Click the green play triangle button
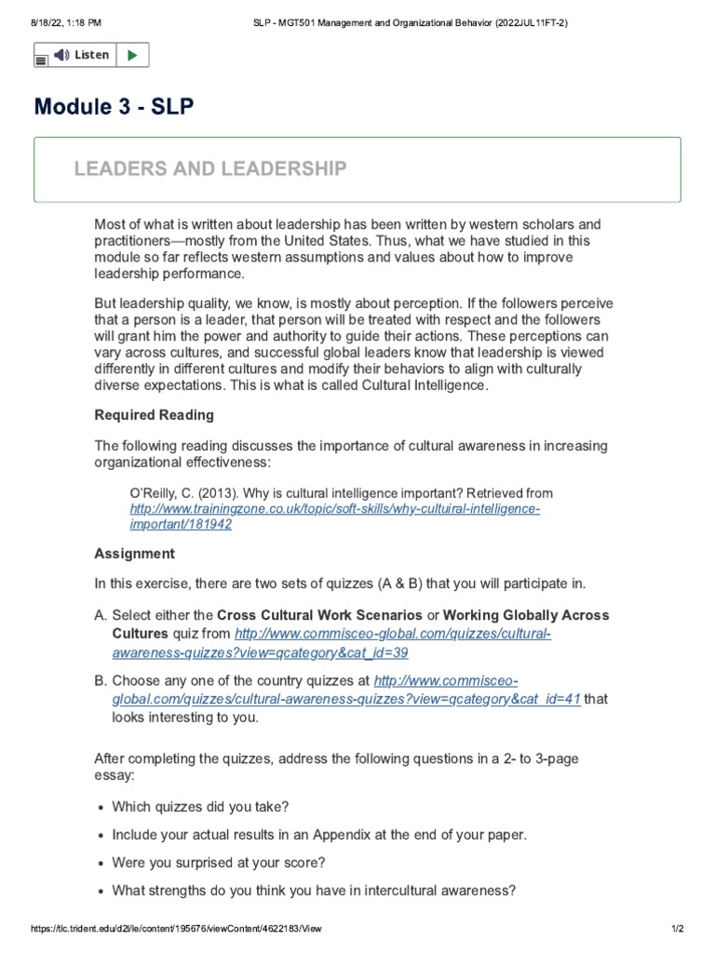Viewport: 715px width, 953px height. click(131, 55)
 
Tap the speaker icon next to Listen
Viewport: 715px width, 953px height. click(61, 55)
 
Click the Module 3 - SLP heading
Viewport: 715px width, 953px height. click(114, 107)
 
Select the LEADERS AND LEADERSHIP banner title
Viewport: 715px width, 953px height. click(209, 168)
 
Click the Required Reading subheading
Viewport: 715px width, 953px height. click(154, 415)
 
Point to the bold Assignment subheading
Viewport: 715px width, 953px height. click(134, 554)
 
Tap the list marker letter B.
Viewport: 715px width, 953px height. click(100, 680)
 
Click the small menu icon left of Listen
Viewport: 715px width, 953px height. click(41, 60)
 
